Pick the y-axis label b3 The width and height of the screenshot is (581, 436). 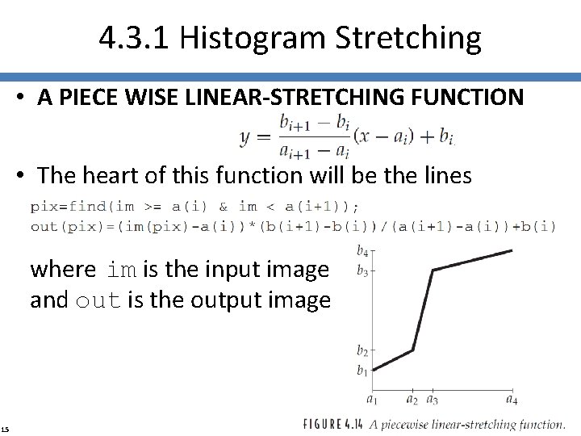(x=362, y=271)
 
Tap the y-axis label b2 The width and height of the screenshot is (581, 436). (x=362, y=350)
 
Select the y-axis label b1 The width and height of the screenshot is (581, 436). (x=362, y=371)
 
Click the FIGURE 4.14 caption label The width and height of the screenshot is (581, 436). (x=338, y=423)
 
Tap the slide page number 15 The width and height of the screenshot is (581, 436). (x=6, y=429)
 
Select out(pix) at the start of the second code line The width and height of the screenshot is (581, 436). (x=56, y=226)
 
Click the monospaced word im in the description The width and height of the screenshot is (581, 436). (x=122, y=270)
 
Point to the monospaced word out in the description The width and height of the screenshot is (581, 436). (x=98, y=301)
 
